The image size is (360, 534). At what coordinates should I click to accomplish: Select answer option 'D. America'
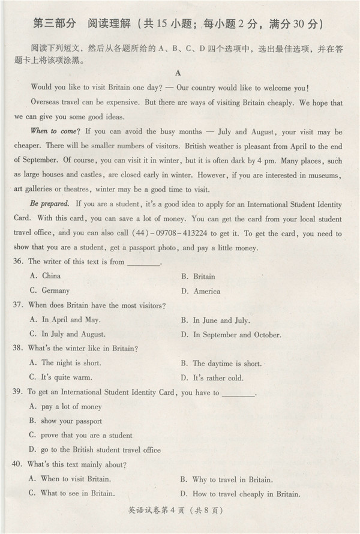coord(200,292)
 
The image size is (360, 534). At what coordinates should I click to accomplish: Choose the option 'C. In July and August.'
coord(67,334)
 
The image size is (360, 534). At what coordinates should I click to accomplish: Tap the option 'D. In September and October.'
coord(230,335)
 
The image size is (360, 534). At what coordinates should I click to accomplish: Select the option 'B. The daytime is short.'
coord(221,364)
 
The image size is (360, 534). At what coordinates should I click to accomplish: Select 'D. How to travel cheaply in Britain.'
coord(239,494)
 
